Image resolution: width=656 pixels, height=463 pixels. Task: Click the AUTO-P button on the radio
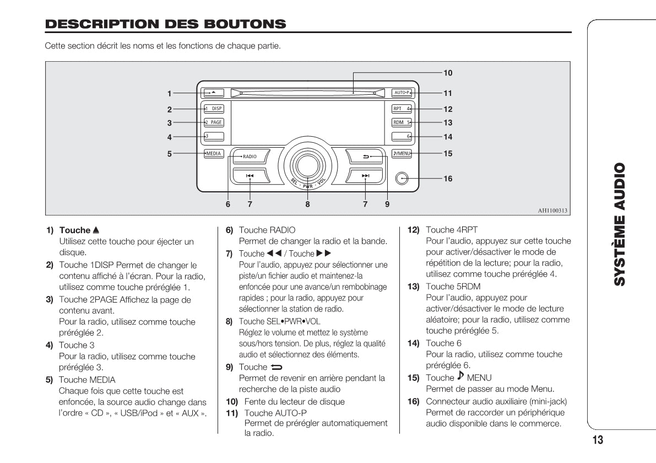pos(402,93)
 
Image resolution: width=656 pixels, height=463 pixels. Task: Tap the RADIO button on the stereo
pos(250,157)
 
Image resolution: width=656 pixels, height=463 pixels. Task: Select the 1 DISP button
pos(214,109)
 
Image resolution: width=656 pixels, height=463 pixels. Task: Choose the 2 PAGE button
pos(214,122)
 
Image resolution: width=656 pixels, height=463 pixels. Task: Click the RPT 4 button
pos(402,109)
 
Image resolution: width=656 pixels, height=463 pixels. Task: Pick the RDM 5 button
pos(402,122)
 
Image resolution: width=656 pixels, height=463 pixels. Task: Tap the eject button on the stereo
pos(214,93)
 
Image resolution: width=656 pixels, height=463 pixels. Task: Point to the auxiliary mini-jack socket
pos(402,179)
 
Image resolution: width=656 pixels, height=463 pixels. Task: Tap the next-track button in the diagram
pos(365,176)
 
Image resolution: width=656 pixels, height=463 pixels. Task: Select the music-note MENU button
pos(402,153)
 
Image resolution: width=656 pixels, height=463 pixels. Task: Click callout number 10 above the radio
pos(448,72)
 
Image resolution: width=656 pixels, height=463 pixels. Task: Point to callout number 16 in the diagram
pos(448,179)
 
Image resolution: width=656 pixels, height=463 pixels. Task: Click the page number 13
pos(598,439)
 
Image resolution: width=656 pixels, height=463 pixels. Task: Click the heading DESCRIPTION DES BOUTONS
pos(165,24)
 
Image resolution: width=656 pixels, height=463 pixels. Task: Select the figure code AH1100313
pos(552,210)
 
